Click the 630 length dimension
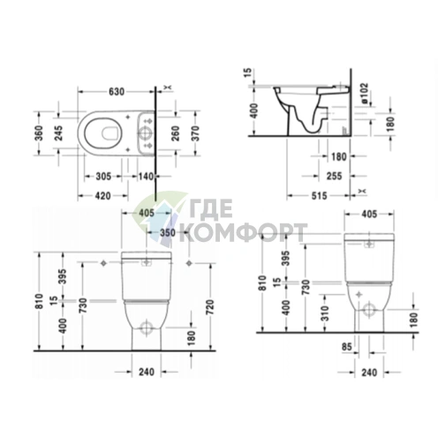pyautogui.click(x=117, y=92)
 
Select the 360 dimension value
pyautogui.click(x=39, y=133)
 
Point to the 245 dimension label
pyautogui.click(x=59, y=133)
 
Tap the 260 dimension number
pyautogui.click(x=176, y=133)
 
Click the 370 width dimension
pyautogui.click(x=195, y=133)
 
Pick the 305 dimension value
pyautogui.click(x=103, y=177)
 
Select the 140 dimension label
pyautogui.click(x=146, y=177)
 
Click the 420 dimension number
pyautogui.click(x=103, y=196)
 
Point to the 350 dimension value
pyautogui.click(x=168, y=232)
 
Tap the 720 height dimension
pyautogui.click(x=211, y=307)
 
